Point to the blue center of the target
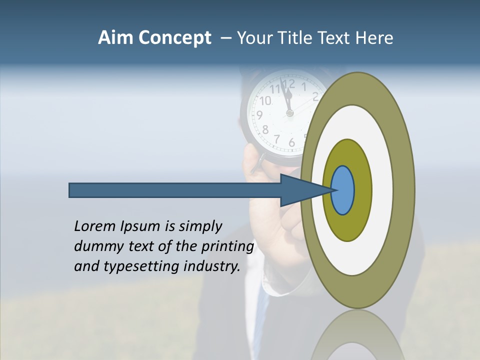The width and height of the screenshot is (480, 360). tap(343, 190)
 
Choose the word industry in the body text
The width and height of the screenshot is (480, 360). tap(212, 266)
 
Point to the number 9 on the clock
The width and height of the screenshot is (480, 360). tap(259, 114)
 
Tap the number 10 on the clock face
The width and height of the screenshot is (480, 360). tap(265, 100)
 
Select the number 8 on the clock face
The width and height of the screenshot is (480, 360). tap(265, 129)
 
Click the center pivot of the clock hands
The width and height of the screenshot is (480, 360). tap(289, 113)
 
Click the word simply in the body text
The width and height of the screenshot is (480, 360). tap(200, 226)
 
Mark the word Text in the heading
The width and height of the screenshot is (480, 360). tap(335, 38)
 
